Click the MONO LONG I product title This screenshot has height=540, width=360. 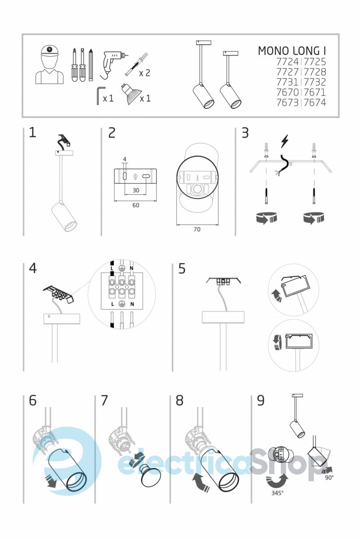292,51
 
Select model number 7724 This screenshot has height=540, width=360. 288,62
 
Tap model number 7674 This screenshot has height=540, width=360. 315,103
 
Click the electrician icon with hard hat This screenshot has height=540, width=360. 49,65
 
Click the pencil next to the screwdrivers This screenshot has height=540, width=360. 90,65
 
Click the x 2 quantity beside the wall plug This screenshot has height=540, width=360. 144,73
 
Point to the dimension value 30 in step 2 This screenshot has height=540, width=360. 136,190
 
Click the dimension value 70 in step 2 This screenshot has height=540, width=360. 197,229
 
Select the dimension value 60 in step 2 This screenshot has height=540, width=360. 136,205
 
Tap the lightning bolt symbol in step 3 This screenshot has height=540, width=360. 284,141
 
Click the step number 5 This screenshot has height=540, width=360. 182,268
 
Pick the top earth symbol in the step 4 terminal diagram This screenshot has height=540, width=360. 122,268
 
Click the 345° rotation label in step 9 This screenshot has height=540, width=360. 277,493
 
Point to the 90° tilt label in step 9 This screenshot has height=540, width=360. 329,477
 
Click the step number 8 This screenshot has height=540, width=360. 180,400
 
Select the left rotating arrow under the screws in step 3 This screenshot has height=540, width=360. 266,218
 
